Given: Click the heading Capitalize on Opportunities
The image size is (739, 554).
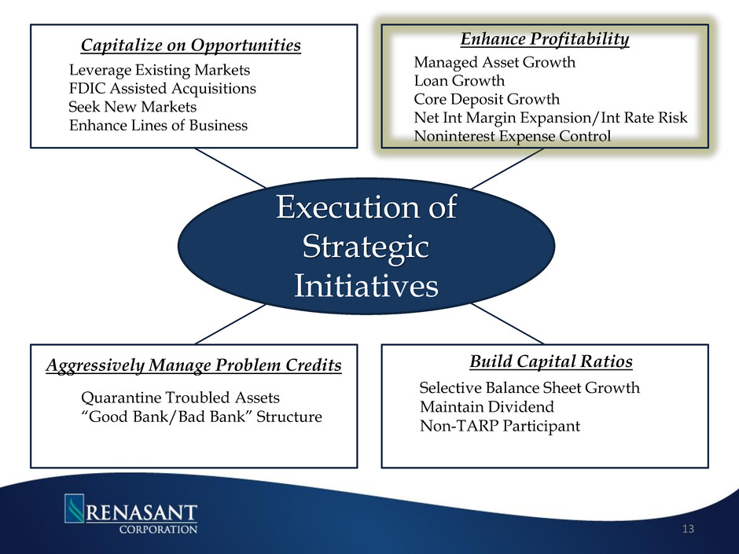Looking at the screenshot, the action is (191, 46).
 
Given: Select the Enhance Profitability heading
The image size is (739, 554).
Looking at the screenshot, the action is (545, 39).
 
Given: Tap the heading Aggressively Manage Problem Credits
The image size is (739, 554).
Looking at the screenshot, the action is (193, 365).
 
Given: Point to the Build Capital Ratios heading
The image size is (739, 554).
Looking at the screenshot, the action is (551, 361).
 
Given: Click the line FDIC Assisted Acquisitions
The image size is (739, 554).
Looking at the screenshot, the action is (163, 89).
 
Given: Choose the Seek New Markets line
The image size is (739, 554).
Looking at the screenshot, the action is (132, 107).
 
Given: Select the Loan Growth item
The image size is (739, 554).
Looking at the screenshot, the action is (460, 81).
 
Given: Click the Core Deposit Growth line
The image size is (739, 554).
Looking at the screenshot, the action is (487, 99).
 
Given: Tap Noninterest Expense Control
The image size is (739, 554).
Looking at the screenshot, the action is (513, 136).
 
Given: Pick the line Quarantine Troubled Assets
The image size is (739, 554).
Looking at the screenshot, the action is (181, 398).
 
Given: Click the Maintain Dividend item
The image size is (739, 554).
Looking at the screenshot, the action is (487, 406).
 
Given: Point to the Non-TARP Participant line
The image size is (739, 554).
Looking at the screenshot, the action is (500, 426).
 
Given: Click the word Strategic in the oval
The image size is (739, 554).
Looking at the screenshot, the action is (366, 247).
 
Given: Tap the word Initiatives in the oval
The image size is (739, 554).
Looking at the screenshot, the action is (366, 285).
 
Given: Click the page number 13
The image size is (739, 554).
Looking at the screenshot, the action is (688, 529).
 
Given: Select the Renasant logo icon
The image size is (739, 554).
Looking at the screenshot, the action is (74, 508).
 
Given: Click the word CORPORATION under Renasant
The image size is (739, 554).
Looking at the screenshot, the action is (158, 529).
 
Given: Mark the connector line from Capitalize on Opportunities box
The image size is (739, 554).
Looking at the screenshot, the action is (230, 168).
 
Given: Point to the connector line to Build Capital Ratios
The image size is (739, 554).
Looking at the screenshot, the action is (508, 324).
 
